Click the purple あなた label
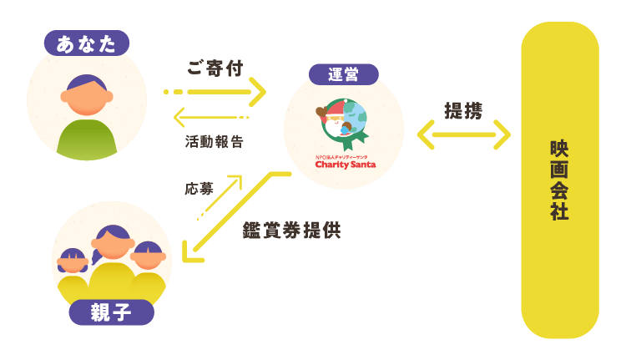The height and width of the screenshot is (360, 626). (87, 43)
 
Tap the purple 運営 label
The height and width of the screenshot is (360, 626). (343, 74)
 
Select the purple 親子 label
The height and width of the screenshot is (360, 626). (111, 312)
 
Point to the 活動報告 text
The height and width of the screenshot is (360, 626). (215, 142)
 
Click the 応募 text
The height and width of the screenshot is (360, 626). (199, 189)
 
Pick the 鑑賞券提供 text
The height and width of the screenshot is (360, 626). (291, 231)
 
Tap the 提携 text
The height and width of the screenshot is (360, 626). (463, 110)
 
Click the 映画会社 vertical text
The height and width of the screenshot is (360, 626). (559, 180)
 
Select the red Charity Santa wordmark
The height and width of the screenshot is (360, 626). (345, 165)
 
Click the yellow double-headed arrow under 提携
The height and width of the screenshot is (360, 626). (463, 134)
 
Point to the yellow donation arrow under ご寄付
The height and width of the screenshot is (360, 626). (215, 91)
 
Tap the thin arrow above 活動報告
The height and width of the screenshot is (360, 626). (211, 118)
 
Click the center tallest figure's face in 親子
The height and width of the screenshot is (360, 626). (112, 246)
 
